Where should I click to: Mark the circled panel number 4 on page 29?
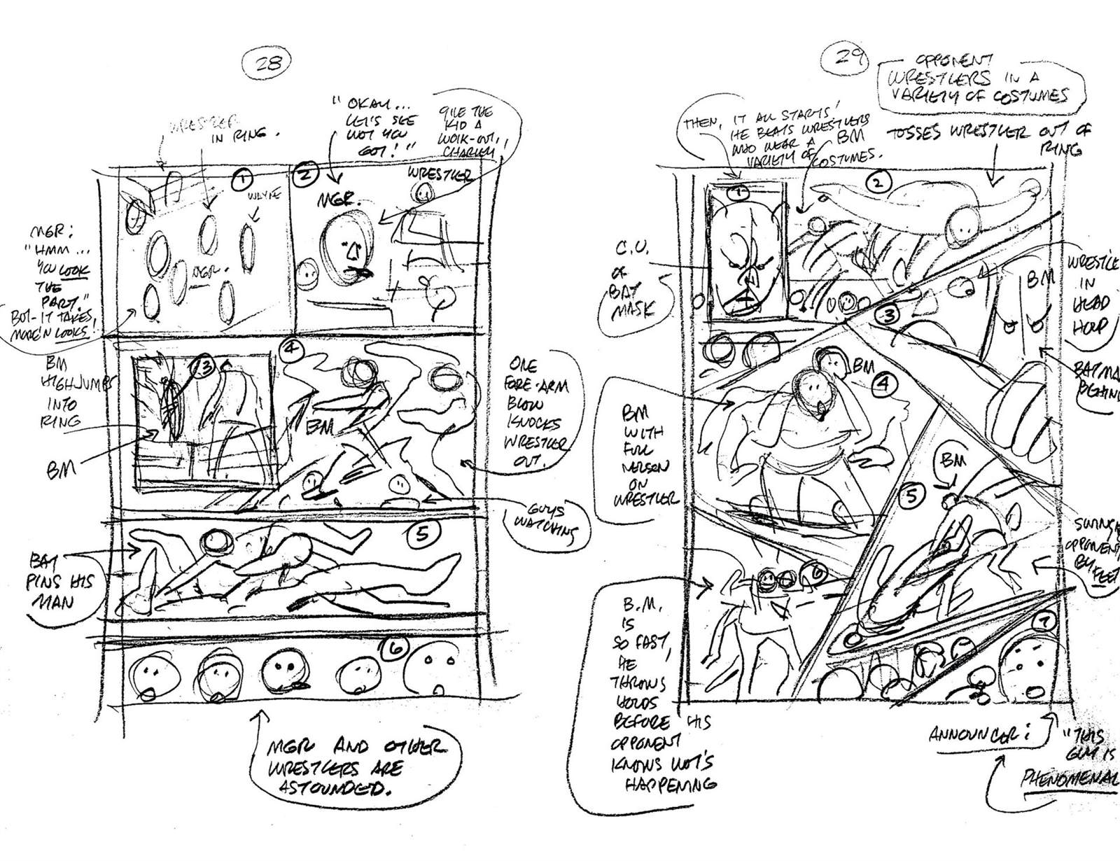tap(883, 383)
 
